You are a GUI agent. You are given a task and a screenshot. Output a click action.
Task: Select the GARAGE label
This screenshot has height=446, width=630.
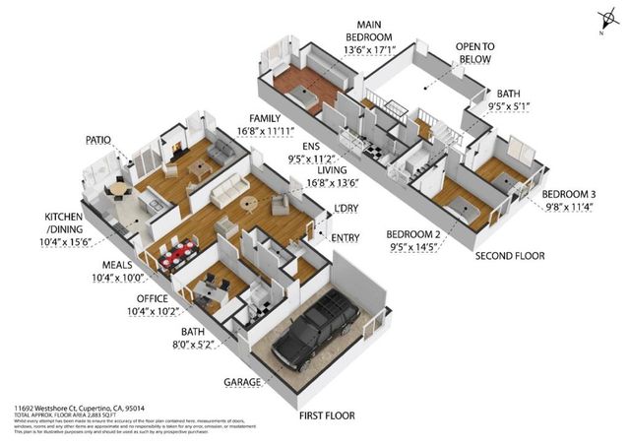point(242,381)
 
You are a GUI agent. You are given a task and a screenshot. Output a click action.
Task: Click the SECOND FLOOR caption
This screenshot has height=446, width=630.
point(510,255)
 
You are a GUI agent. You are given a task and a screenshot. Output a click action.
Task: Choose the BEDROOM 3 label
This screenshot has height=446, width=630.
point(572,193)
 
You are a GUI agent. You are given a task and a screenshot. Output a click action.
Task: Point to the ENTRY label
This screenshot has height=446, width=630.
point(346,237)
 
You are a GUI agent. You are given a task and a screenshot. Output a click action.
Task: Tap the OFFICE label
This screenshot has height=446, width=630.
point(152,298)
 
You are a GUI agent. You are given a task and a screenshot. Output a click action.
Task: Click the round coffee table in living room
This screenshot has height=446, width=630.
point(247,204)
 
